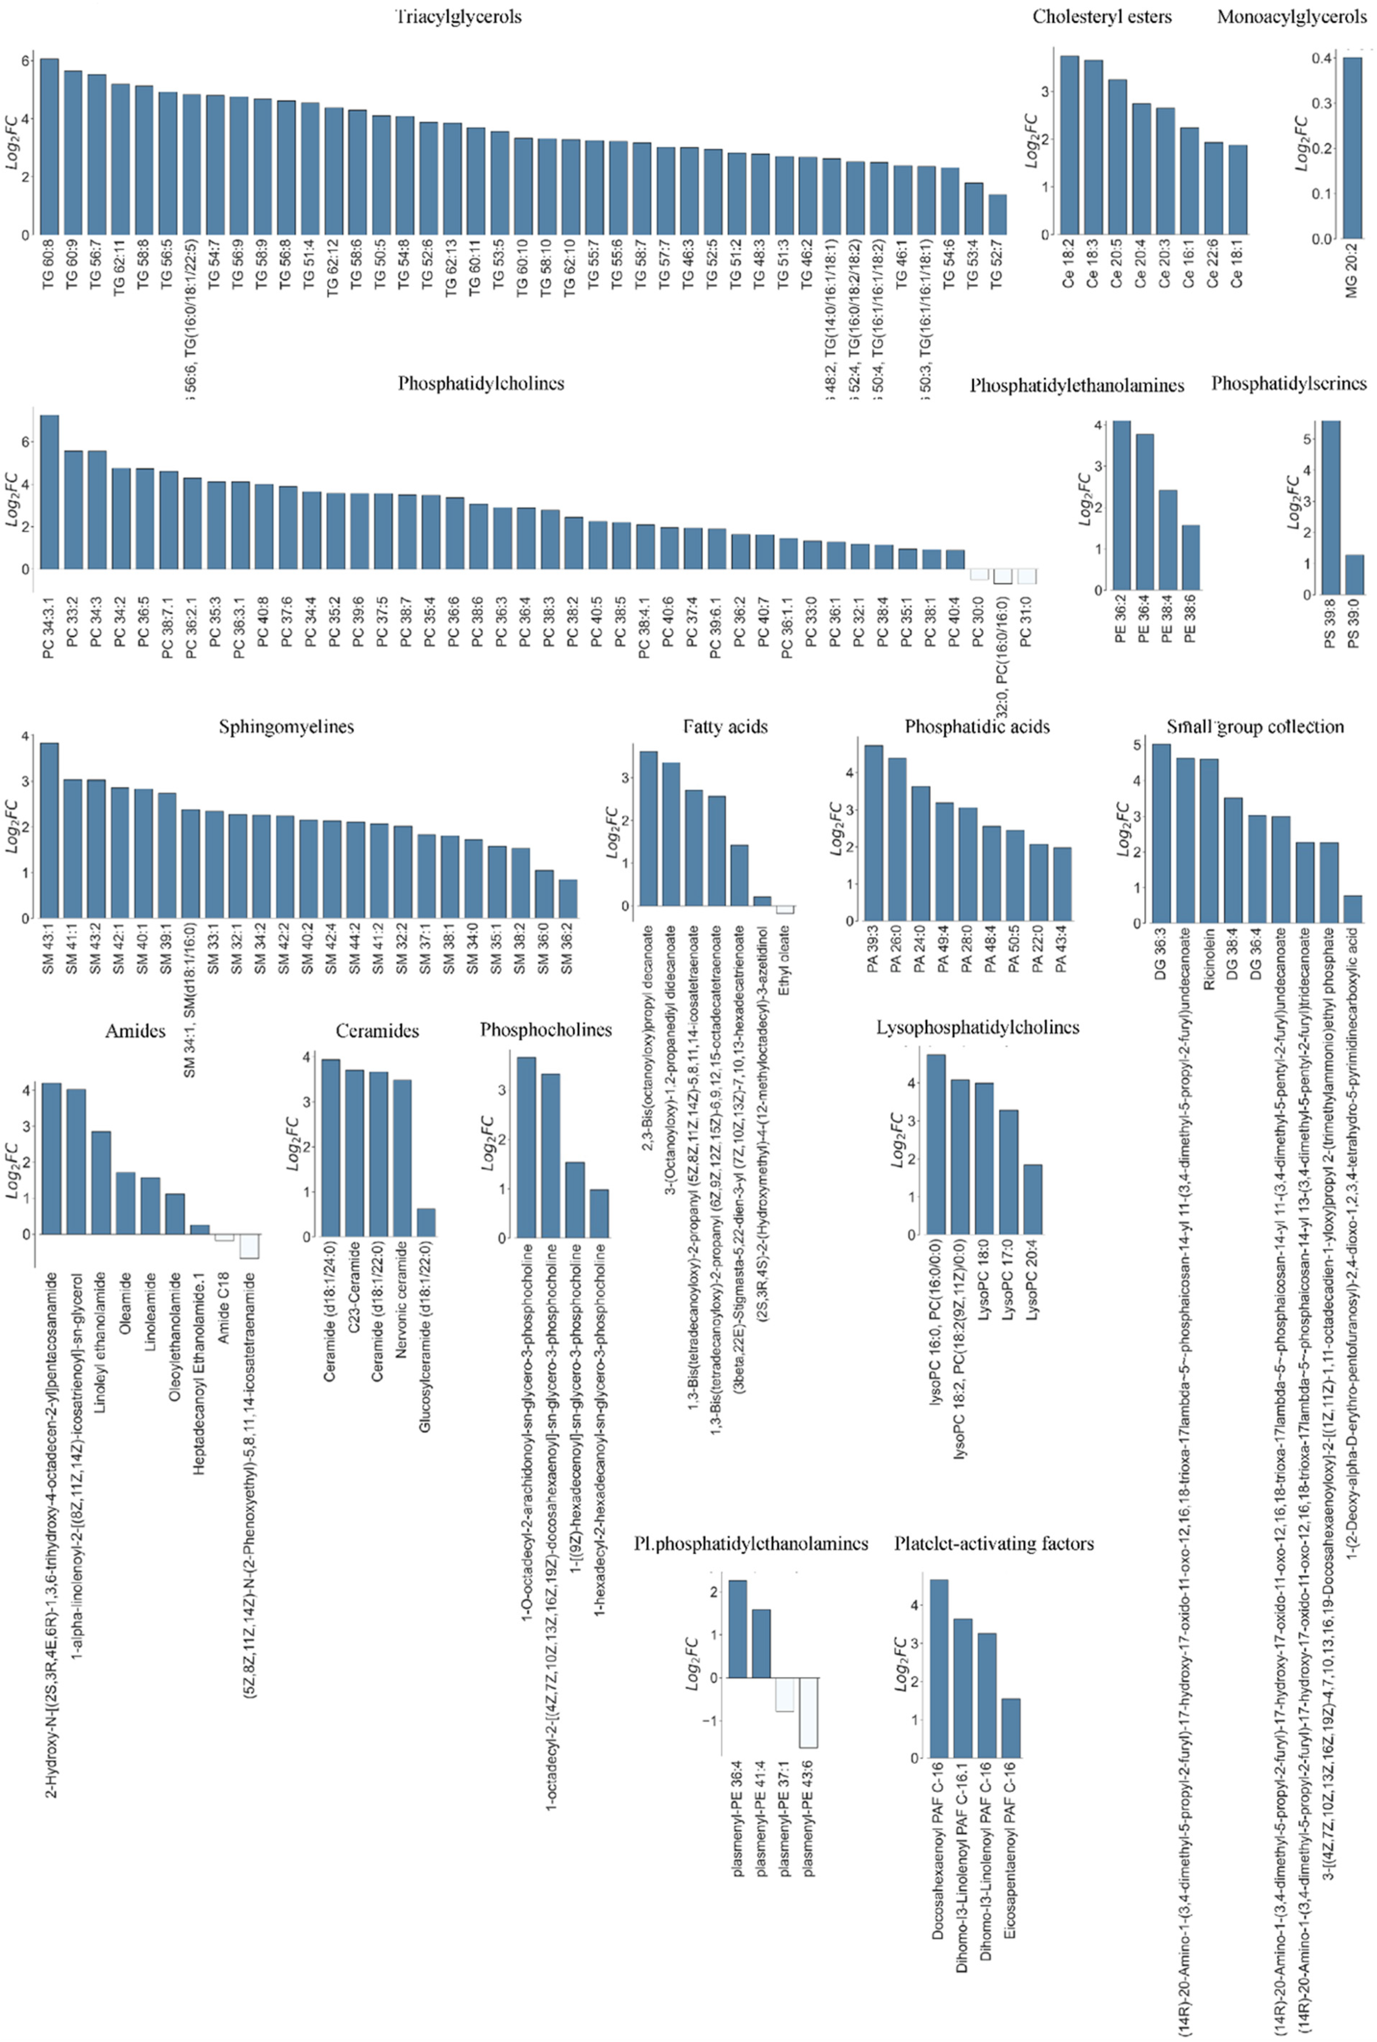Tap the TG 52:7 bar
click(997, 215)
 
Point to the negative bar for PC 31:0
click(1027, 576)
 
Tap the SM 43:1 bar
click(49, 830)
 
